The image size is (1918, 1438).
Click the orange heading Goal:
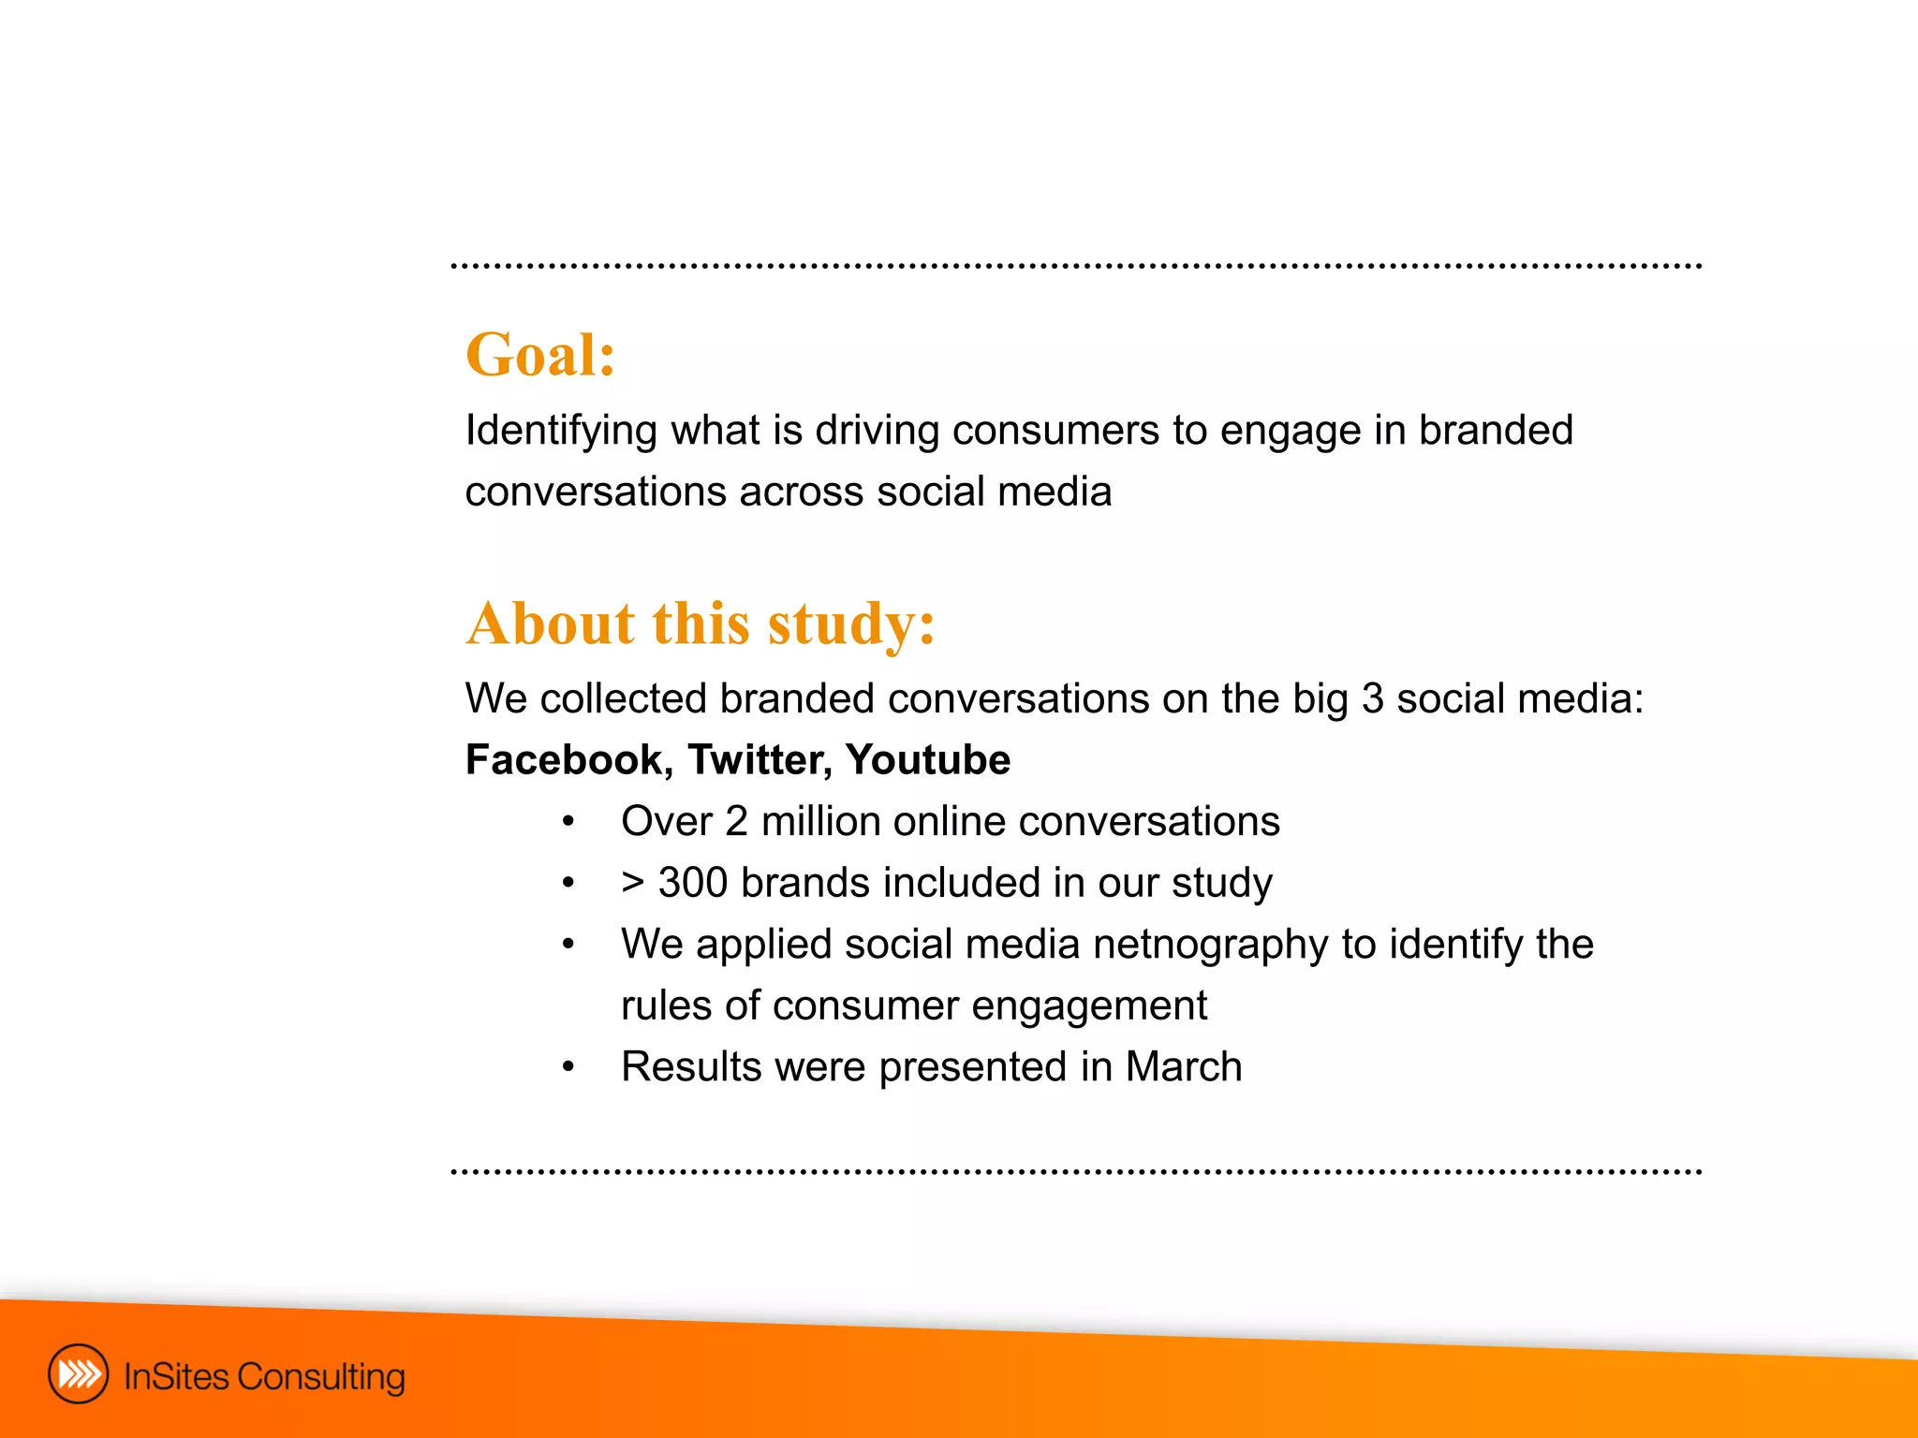tap(540, 356)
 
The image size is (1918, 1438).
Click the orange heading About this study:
tap(701, 624)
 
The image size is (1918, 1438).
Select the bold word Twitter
tap(759, 759)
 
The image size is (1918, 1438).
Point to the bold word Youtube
tap(927, 759)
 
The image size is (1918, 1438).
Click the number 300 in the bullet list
tap(692, 883)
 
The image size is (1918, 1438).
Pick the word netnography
tap(1210, 945)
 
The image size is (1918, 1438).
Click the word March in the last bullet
tap(1183, 1067)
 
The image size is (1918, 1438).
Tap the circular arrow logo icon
tap(78, 1374)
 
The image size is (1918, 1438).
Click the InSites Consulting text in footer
tap(264, 1376)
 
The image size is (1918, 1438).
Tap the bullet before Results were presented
tap(568, 1068)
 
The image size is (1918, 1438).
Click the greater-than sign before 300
tap(633, 883)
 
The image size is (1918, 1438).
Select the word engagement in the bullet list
tap(1088, 1006)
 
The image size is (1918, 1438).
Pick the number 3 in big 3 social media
tap(1372, 699)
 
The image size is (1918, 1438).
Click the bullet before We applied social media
tap(568, 945)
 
